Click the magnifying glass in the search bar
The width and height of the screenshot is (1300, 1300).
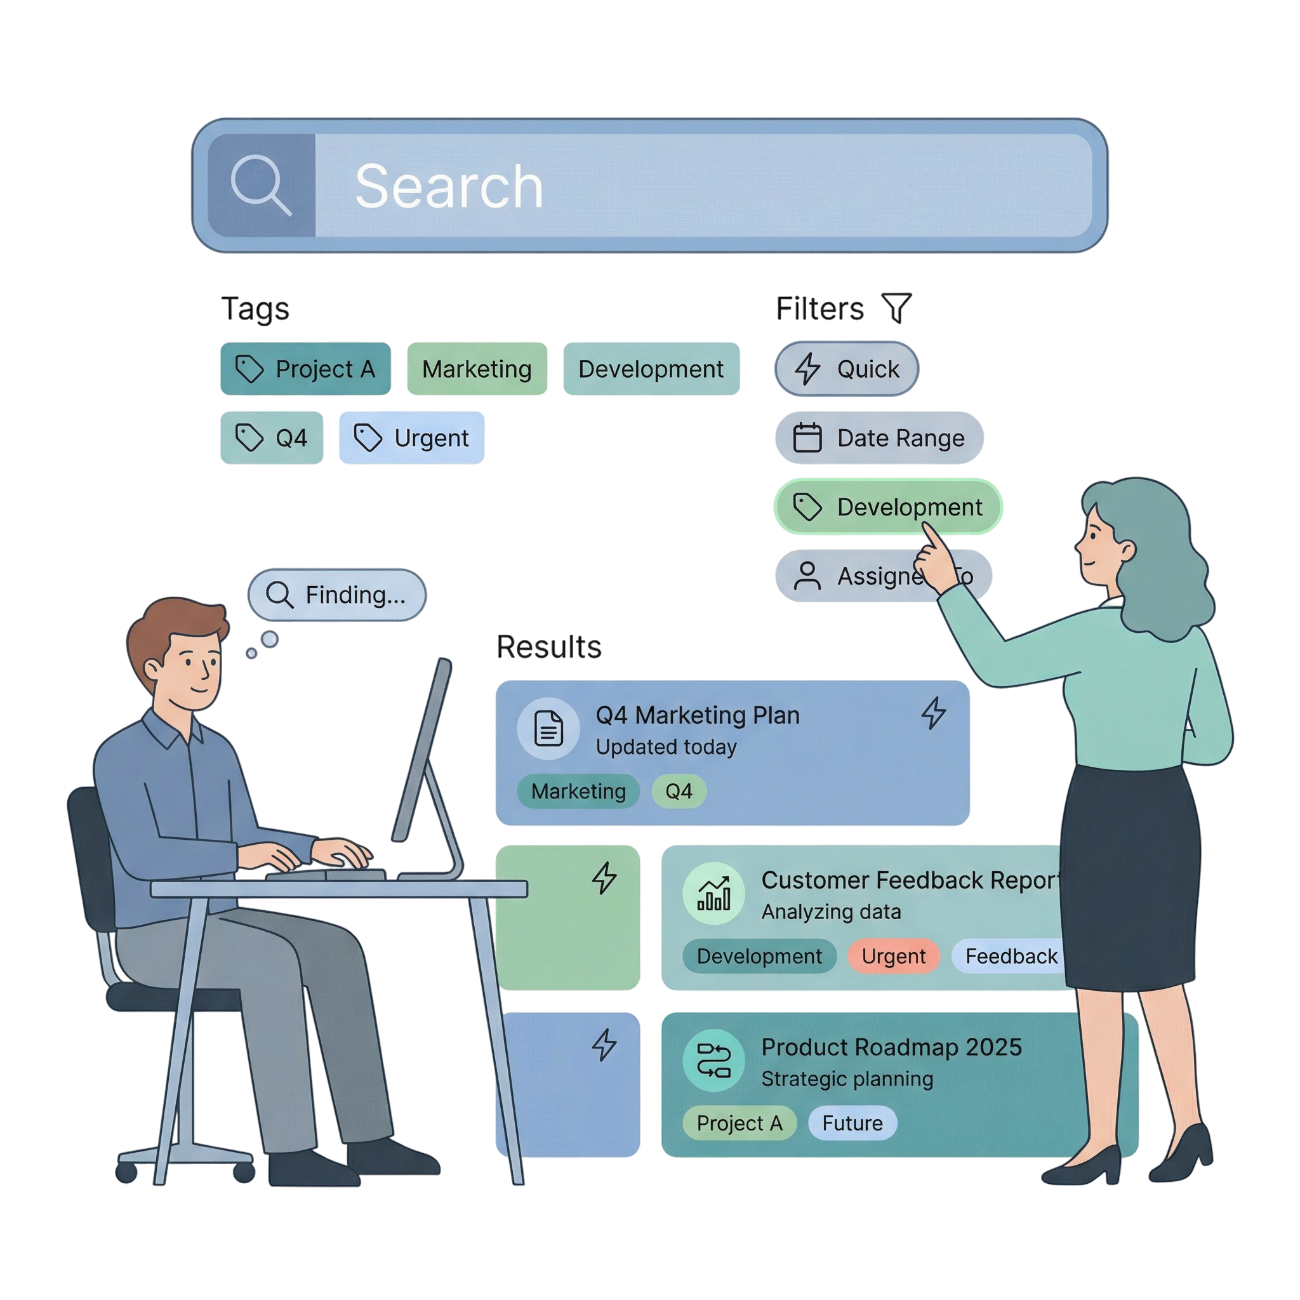coord(260,184)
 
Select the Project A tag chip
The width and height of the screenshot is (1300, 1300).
coord(305,369)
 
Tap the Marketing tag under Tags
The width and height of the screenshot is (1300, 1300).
coord(477,369)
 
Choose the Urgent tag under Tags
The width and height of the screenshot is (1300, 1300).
coord(411,438)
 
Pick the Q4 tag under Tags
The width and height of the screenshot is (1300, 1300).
coord(271,438)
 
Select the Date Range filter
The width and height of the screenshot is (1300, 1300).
coord(879,438)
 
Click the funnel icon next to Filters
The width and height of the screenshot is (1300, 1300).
coord(897,307)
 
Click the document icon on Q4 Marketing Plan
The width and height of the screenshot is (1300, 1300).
coord(548,729)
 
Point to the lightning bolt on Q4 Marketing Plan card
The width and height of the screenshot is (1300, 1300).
coord(933,713)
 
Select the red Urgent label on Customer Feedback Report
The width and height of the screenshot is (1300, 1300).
coord(893,956)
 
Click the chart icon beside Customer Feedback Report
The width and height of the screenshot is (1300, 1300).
coord(713,894)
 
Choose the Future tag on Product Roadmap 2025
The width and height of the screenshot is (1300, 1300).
coord(852,1123)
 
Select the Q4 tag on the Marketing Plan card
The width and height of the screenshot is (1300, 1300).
coord(679,792)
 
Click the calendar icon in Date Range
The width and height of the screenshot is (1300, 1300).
coord(807,438)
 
